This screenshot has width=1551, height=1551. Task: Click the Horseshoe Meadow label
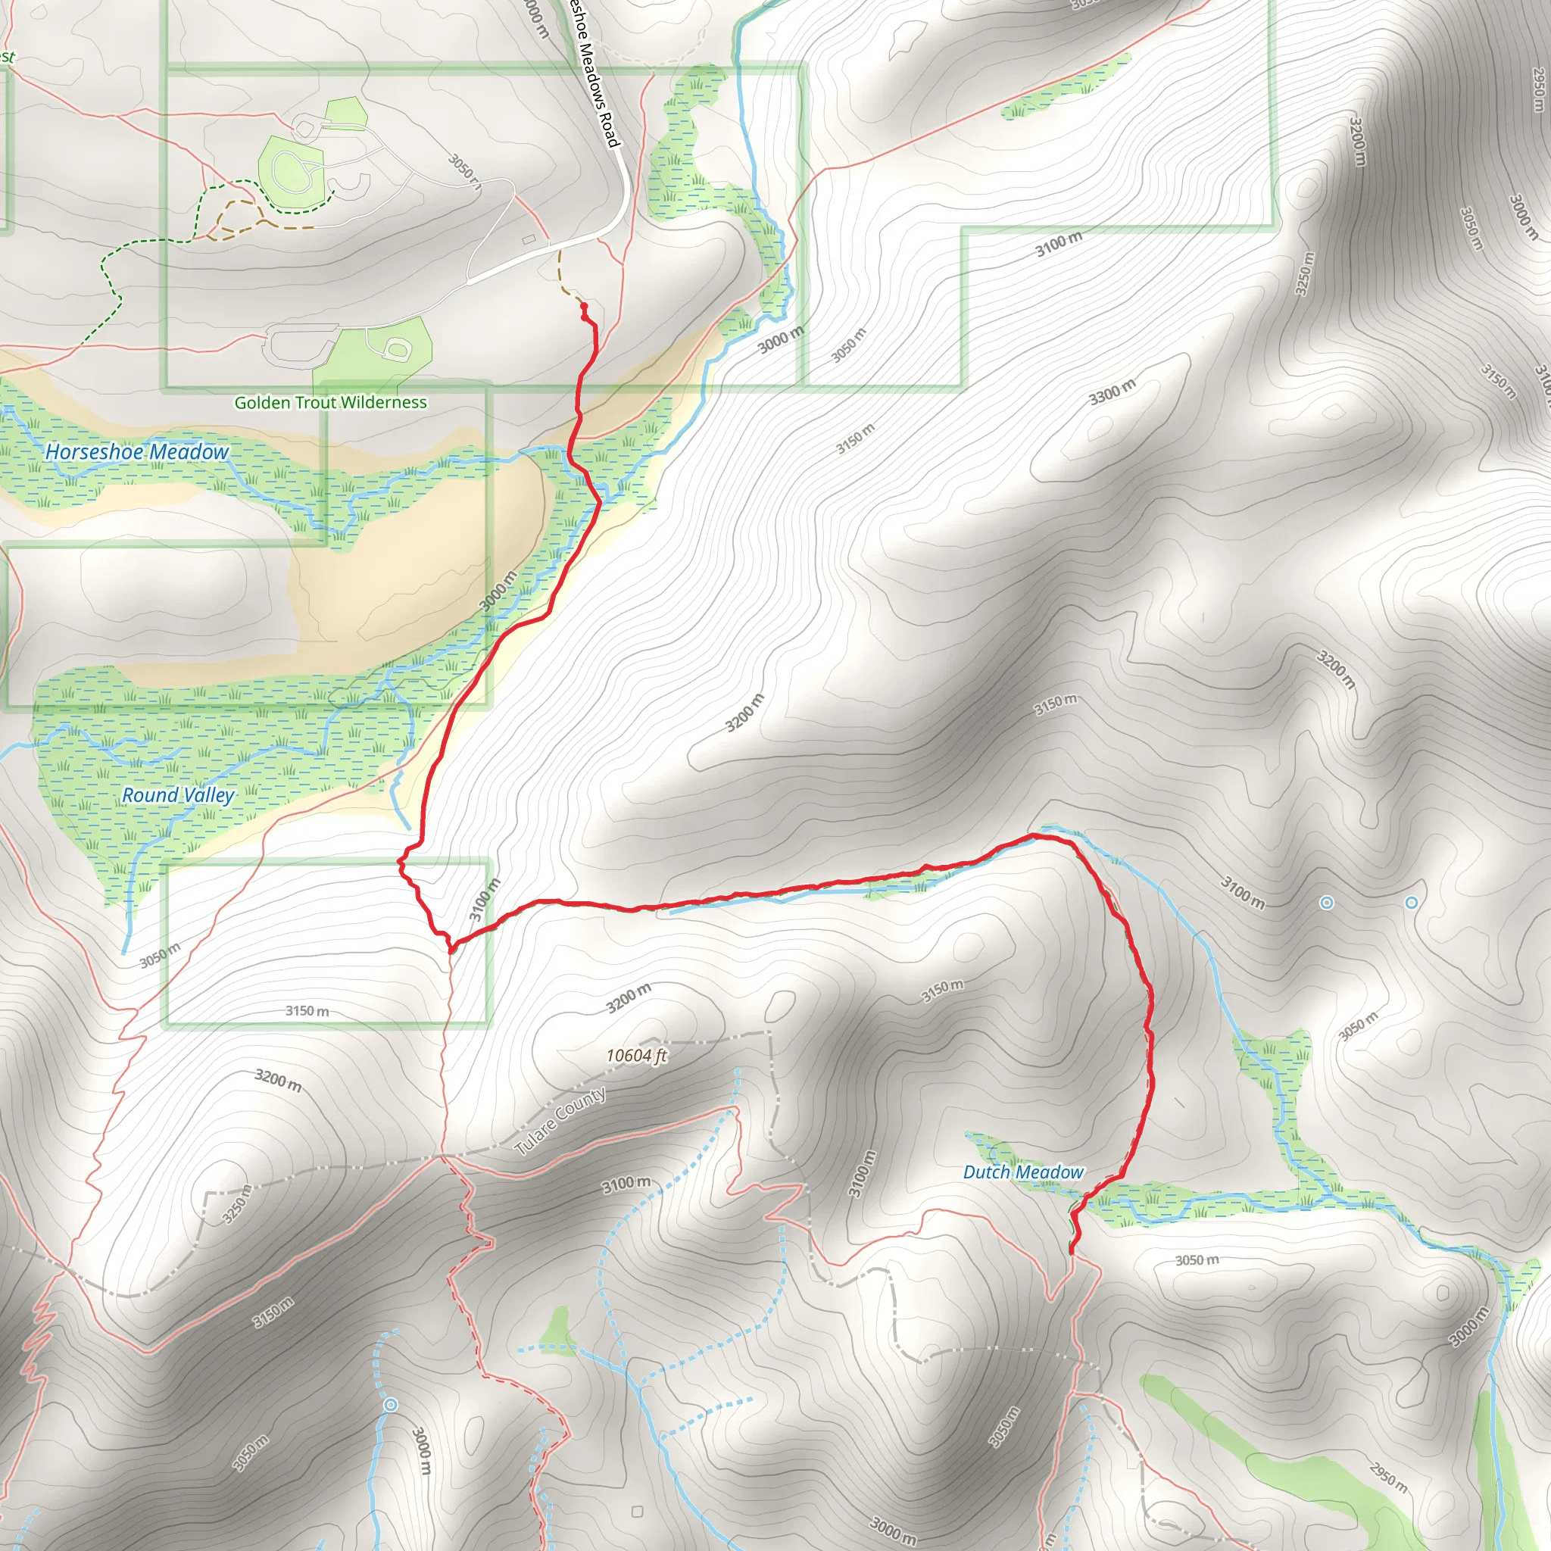point(136,452)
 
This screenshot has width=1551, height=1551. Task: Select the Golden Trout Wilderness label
point(330,402)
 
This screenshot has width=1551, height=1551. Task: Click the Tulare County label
point(560,1122)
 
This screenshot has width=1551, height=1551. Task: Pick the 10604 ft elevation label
point(636,1055)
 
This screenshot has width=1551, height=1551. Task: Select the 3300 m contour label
point(1112,392)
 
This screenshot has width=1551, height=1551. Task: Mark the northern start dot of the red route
point(583,307)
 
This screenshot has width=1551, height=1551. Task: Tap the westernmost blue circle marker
point(390,1404)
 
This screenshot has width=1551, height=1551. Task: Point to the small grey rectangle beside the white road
point(529,239)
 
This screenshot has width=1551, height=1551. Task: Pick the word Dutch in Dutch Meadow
point(985,1172)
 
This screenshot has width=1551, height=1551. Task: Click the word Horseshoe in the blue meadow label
point(95,452)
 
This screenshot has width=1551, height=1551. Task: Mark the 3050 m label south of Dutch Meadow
point(1196,1260)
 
